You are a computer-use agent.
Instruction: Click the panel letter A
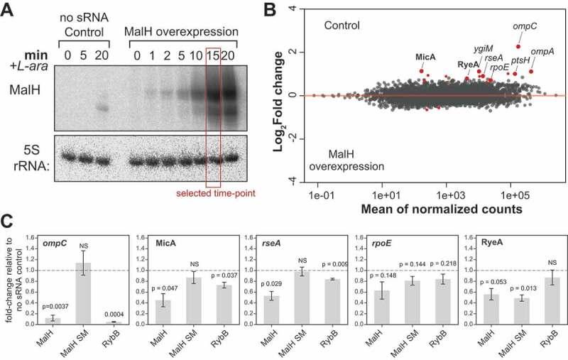[9, 9]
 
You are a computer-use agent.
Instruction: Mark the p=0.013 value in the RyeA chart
[513, 288]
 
